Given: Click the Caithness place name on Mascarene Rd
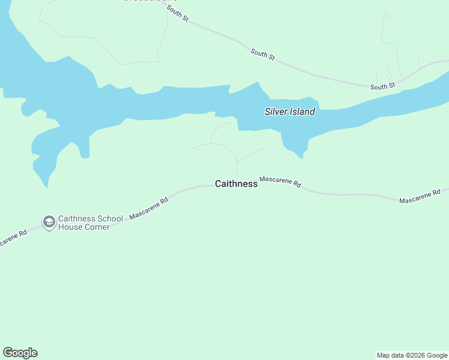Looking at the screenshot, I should pos(236,184).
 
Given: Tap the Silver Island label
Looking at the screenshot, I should pos(290,112).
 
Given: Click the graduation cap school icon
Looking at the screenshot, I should pos(49,223).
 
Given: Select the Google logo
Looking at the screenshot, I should pos(20,353).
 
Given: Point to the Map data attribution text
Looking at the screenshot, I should pos(411,355).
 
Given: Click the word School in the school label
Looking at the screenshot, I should pos(109,218).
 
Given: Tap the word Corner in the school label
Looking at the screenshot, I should pos(96,227).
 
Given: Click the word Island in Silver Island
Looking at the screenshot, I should pos(303,112).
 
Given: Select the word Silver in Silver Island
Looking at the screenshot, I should pos(277,112).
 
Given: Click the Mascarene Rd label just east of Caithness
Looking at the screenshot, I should pos(280,182).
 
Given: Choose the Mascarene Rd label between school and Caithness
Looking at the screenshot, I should pos(148,207).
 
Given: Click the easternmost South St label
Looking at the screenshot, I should pos(383,86).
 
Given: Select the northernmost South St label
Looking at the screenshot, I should pos(178,14).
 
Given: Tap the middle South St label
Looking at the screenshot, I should pos(263,54).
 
